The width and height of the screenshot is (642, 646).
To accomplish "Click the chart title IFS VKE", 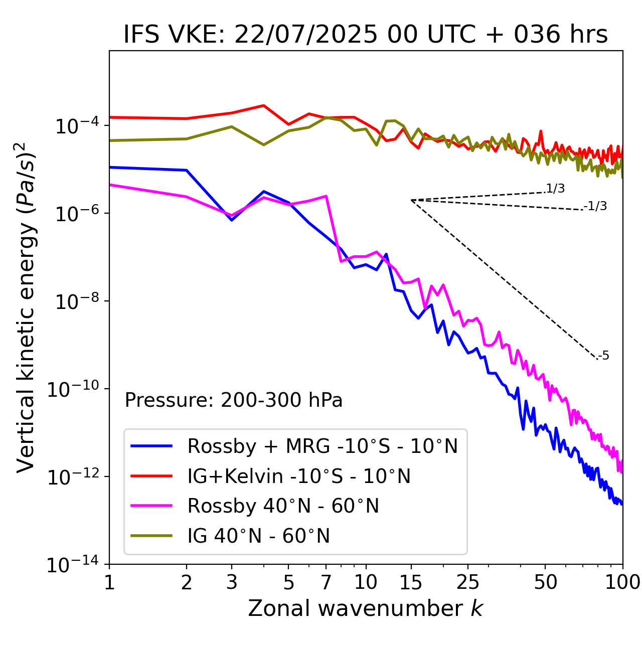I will (365, 35).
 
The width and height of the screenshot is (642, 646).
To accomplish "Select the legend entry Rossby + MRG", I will (323, 446).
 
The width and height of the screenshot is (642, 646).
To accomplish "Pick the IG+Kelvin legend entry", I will (299, 476).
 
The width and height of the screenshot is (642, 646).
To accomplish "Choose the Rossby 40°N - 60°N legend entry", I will (283, 506).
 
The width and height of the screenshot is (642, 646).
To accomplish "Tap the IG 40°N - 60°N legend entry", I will (258, 536).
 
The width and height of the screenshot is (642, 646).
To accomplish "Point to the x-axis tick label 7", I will (326, 582).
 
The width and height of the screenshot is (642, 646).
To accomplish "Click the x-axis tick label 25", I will (467, 582).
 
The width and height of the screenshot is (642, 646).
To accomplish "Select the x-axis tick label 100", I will (622, 582).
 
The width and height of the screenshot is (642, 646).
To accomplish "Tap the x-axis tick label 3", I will (232, 582).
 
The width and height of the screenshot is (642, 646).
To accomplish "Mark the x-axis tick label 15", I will (411, 582).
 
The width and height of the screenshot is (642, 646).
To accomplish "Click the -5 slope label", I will (604, 356).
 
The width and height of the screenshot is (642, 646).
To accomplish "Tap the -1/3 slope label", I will (596, 206).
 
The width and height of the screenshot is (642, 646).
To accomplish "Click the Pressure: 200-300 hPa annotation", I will (233, 400).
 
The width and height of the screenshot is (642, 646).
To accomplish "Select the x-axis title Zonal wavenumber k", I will (365, 608).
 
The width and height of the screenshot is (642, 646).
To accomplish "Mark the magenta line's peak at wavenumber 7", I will (326, 196).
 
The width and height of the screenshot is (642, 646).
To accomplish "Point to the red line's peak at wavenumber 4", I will (263, 105).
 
